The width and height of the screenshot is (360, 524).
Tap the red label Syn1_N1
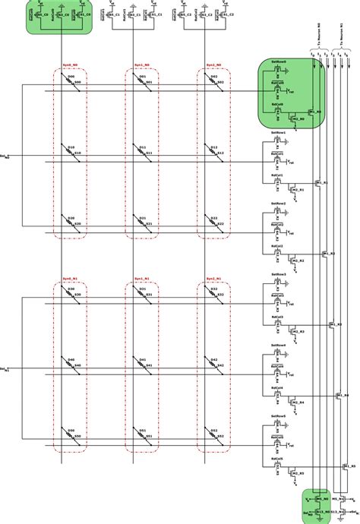coord(141,279)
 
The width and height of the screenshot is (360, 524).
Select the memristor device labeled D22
coord(213,226)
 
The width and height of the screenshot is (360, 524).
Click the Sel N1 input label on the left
coord(6,370)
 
